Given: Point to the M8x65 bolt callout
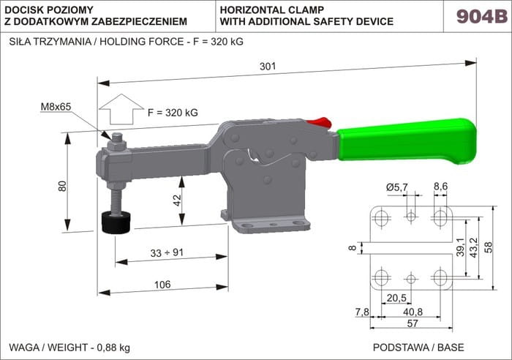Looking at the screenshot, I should click(56, 108).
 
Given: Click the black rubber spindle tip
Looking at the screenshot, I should click(115, 221).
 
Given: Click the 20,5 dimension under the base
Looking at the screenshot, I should click(396, 299).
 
